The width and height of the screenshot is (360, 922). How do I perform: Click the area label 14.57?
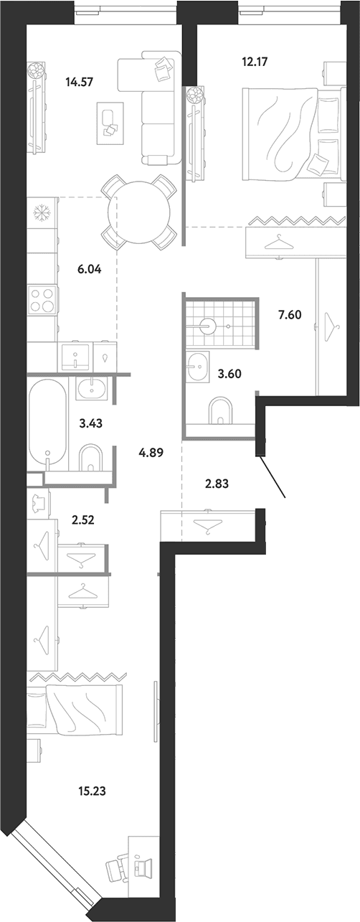pos(80,82)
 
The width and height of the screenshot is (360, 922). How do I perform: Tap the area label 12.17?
pos(255,62)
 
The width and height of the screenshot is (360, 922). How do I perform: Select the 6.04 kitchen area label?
pos(89,270)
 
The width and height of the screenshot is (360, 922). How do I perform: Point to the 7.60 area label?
pos(290,315)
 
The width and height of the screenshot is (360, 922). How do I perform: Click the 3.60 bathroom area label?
pos(229,374)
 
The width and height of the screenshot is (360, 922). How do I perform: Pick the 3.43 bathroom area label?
pos(90,423)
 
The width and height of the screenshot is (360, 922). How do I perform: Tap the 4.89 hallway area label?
pos(151,453)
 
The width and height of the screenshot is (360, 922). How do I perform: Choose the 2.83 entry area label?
pos(217,484)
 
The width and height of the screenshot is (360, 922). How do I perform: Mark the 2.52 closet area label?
pos(82,520)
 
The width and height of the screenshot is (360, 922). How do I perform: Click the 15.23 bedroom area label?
pos(92,791)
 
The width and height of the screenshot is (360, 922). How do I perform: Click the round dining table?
pos(138,212)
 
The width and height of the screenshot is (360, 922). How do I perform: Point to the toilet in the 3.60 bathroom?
pos(221,410)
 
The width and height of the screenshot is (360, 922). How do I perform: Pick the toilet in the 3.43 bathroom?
pos(90,457)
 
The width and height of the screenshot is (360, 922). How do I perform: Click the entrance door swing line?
pos(273,476)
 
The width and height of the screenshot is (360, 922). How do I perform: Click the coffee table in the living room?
pos(110,123)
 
